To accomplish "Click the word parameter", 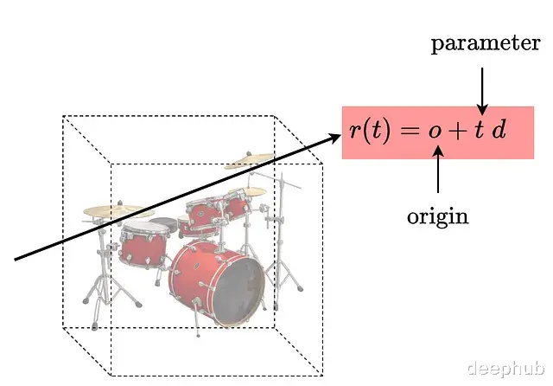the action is tap(486, 43).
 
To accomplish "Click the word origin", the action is tap(437, 216).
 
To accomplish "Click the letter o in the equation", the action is tap(435, 132).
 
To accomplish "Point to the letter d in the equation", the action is tap(499, 132).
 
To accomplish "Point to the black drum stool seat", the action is tap(163, 224).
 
